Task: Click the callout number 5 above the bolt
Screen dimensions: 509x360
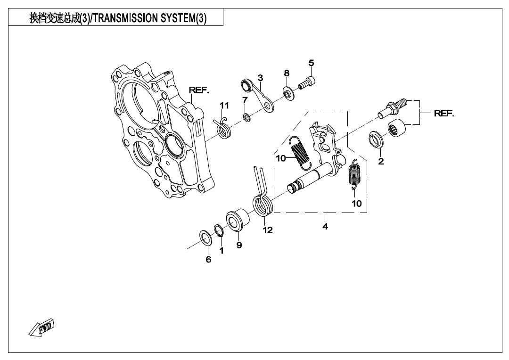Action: click(x=312, y=63)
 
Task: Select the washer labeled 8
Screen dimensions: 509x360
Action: click(x=288, y=93)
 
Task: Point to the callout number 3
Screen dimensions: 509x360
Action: click(x=260, y=78)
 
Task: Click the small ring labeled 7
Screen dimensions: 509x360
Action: click(x=246, y=116)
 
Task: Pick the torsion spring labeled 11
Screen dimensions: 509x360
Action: click(x=222, y=128)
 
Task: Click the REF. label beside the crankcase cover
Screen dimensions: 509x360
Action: click(x=198, y=90)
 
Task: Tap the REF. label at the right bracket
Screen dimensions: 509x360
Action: click(x=444, y=113)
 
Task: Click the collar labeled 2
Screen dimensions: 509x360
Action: click(x=376, y=139)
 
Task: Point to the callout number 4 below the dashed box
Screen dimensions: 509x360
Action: click(x=325, y=226)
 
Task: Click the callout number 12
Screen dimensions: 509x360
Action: click(x=268, y=230)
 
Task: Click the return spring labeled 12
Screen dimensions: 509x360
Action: click(x=262, y=193)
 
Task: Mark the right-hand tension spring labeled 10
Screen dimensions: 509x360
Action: click(x=355, y=174)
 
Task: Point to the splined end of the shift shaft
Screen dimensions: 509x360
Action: click(x=294, y=188)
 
